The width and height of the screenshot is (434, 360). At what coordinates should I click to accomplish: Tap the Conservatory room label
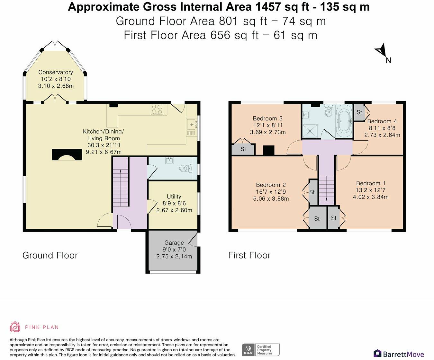click(56, 72)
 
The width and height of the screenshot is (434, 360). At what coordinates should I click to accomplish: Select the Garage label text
click(174, 243)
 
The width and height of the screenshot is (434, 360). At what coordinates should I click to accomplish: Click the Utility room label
click(174, 197)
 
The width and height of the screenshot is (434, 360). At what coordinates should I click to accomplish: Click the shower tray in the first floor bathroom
click(311, 130)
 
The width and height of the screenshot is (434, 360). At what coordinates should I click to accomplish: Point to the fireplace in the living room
click(67, 155)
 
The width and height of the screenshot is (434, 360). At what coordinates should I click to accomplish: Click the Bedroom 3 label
click(267, 119)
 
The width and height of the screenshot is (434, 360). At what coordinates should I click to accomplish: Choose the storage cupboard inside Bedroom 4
click(359, 112)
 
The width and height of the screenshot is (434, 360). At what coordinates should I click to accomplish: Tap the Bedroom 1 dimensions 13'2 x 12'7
click(371, 190)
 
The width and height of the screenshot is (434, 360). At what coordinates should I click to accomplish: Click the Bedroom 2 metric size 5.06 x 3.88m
click(271, 198)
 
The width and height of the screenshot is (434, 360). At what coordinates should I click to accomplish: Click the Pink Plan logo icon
click(15, 327)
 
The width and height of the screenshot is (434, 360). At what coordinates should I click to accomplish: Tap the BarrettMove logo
click(399, 354)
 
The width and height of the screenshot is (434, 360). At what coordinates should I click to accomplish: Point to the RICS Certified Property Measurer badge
click(260, 350)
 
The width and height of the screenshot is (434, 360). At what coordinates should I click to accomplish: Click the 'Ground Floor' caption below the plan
click(50, 255)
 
